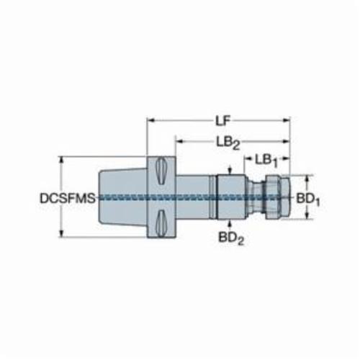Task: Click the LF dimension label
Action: (x=222, y=120)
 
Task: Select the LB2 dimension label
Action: (x=228, y=143)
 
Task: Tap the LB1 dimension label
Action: (x=266, y=161)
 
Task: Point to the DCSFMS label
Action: (x=68, y=199)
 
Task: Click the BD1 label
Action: (x=308, y=199)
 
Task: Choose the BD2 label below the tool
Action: (x=231, y=238)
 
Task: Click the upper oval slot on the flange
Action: (x=161, y=171)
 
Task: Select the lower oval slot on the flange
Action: (x=161, y=223)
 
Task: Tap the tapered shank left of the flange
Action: (x=123, y=197)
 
